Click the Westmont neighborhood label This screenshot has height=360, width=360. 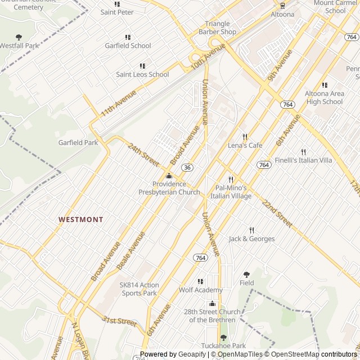coord(81,219)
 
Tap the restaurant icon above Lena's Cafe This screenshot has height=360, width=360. coord(245,137)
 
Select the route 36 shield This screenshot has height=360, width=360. coord(188,168)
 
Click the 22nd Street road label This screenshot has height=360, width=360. coord(277,214)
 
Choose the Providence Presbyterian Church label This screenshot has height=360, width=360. coord(169,188)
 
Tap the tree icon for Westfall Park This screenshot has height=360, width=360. coord(19,37)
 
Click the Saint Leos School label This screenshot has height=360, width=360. coord(142,74)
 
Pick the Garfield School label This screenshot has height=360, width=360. coord(128,46)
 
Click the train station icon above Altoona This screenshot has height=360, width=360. coord(282,6)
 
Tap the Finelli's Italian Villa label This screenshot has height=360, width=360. coord(303,160)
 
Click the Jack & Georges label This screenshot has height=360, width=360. coord(251,238)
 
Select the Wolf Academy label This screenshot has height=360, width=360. coord(201,290)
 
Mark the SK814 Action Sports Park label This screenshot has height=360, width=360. coord(139,289)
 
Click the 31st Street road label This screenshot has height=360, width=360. coord(119,321)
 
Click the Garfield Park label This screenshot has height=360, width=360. coord(78,143)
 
